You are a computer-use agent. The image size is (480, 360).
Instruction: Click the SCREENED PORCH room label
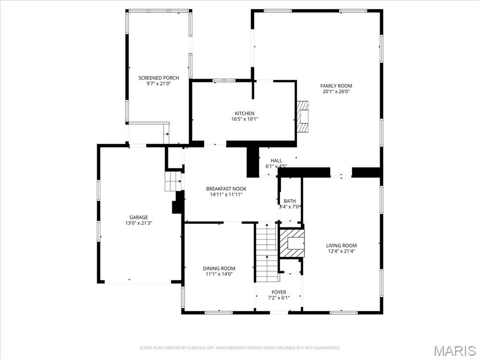click(158, 78)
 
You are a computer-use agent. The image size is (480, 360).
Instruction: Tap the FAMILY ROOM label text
click(336, 86)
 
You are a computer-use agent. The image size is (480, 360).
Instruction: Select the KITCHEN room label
click(245, 113)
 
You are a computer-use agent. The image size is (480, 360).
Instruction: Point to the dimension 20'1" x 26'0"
click(336, 91)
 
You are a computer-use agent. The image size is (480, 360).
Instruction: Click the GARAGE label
click(139, 217)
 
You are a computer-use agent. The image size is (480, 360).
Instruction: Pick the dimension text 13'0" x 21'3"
click(139, 223)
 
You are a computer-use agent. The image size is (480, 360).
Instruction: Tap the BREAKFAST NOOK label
click(226, 189)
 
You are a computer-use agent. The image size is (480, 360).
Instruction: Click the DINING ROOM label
click(219, 269)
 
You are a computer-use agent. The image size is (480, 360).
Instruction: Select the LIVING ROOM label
click(341, 246)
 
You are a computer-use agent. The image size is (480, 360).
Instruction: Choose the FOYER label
click(279, 292)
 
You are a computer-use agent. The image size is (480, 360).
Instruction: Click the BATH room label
click(290, 201)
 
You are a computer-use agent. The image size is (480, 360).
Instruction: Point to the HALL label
click(276, 160)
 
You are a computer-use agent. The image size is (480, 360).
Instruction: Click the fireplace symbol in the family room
click(302, 116)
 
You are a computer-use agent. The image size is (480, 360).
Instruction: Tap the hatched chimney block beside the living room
click(292, 243)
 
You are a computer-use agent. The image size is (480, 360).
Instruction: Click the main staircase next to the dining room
click(267, 253)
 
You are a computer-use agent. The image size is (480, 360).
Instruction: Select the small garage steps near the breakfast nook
click(173, 181)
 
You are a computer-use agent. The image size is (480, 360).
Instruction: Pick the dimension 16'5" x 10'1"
click(245, 119)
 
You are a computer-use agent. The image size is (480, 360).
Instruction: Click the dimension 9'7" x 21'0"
click(158, 83)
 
